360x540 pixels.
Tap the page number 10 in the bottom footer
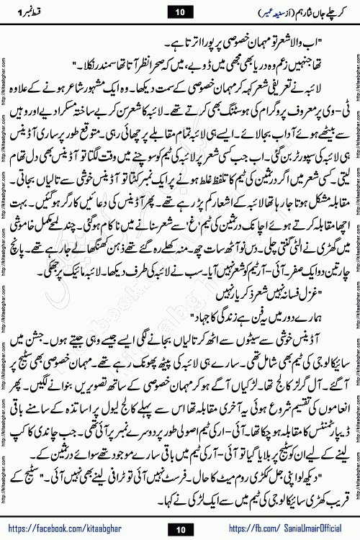179,528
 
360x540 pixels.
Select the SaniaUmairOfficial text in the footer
302,528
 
